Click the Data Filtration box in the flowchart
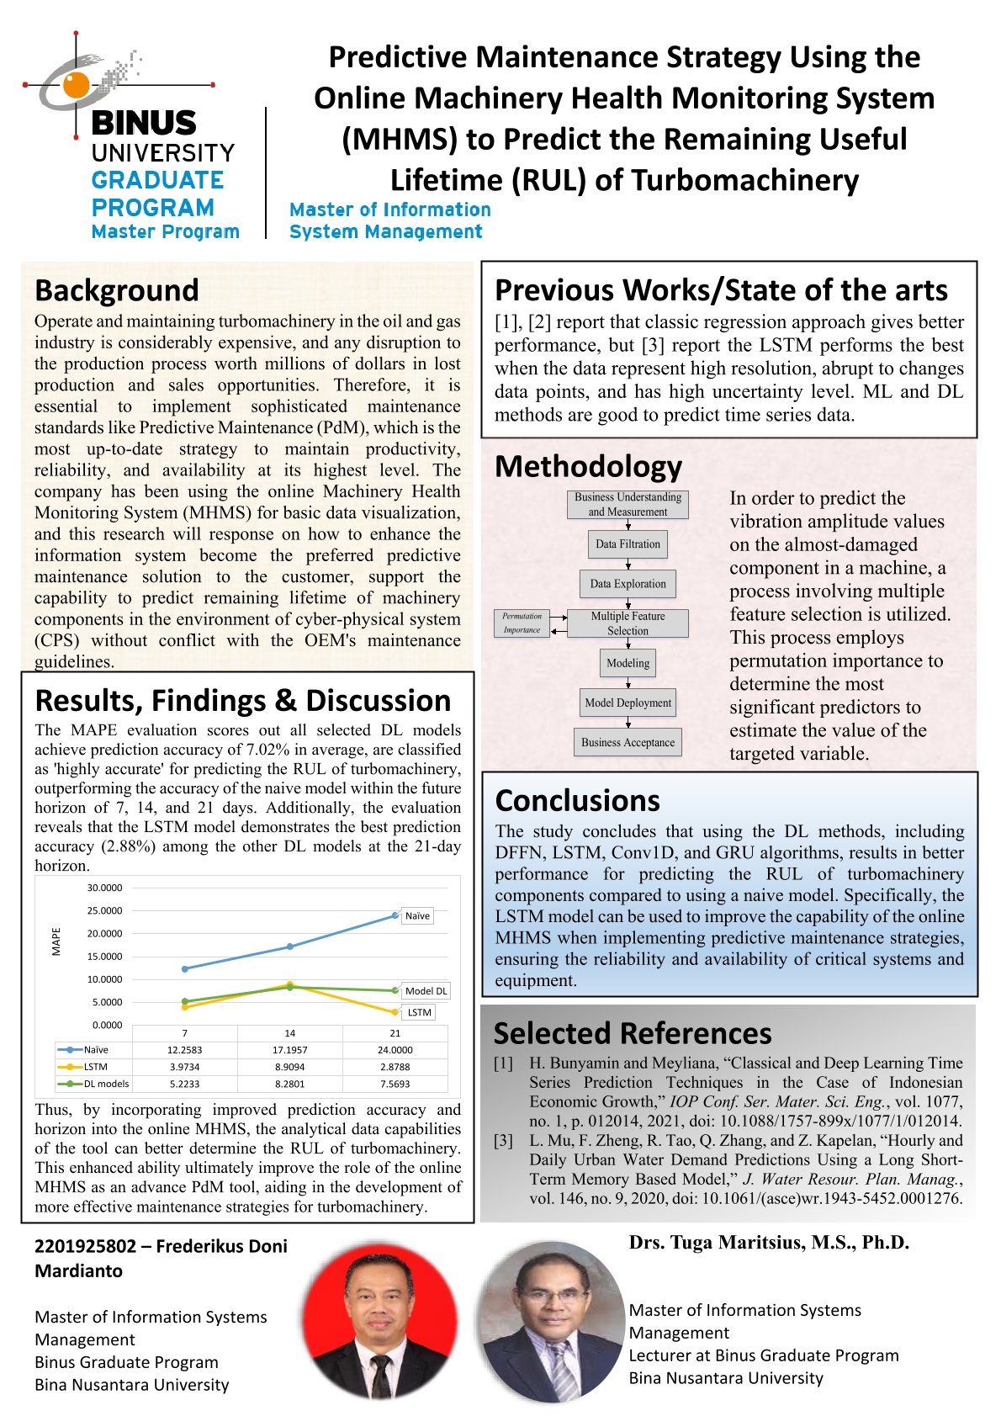(628, 544)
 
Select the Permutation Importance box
(522, 623)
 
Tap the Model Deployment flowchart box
(628, 703)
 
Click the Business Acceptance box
(628, 742)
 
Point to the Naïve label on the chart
(417, 915)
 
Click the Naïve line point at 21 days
(395, 915)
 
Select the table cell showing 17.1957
(289, 1050)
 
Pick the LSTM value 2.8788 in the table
(395, 1067)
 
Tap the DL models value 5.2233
(185, 1084)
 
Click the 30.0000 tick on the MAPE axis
(105, 888)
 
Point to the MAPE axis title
(56, 941)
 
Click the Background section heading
(117, 290)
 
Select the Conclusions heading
(577, 800)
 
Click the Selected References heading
(632, 1032)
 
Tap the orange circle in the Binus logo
(76, 84)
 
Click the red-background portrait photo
(380, 1323)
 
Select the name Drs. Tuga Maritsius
(768, 1242)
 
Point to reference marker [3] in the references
(503, 1140)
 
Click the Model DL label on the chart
(426, 991)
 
